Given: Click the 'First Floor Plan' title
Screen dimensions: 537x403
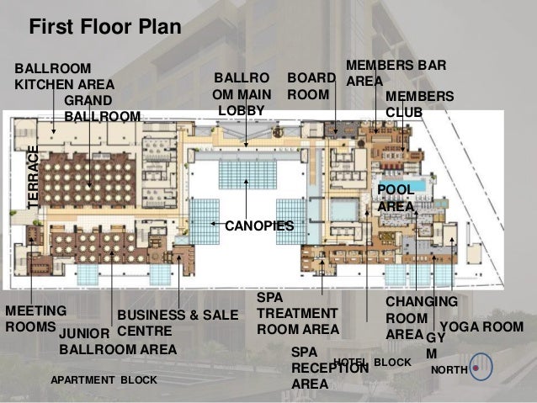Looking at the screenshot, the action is (105, 27).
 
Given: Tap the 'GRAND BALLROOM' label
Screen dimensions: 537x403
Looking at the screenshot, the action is (103, 109).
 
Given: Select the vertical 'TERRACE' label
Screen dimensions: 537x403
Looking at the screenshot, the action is (33, 178).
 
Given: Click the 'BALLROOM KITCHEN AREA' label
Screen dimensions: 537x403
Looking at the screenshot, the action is (64, 77).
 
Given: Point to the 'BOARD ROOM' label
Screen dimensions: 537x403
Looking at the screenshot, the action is (311, 86).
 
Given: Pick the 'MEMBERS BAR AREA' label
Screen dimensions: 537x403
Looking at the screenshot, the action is (396, 73).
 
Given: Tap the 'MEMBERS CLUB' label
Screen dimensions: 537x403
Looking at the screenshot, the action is (419, 104).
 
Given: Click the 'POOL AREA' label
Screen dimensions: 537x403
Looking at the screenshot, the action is (396, 199).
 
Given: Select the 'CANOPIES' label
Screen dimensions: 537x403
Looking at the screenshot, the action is (259, 226).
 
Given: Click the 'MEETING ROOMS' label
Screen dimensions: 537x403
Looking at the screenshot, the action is (35, 319).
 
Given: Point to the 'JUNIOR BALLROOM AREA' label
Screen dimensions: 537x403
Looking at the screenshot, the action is (118, 342).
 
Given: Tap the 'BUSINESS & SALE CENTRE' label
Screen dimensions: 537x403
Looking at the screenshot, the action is (178, 323).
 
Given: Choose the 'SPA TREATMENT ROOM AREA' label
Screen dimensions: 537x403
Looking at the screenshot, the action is (298, 313).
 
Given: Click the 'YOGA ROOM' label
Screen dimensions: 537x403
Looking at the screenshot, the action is (481, 326).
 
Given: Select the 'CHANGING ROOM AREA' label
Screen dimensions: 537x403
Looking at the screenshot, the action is (422, 318).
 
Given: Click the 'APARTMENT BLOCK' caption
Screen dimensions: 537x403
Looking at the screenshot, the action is (104, 379).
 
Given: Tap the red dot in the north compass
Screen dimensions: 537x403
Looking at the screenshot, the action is (476, 368).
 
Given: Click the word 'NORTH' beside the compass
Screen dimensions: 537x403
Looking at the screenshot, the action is (449, 370).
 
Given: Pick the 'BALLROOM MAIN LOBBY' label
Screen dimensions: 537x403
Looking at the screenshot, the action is (242, 94).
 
